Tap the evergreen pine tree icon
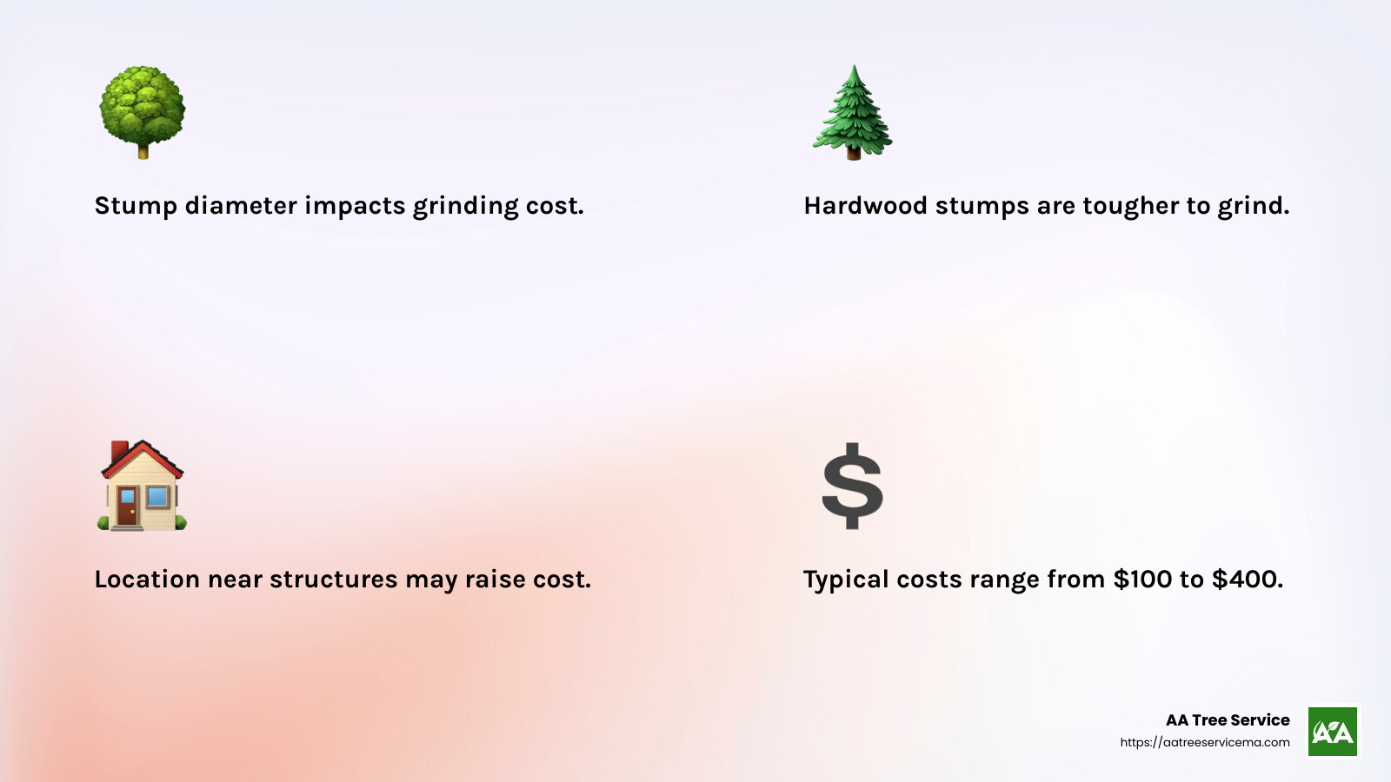point(853,113)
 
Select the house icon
point(142,486)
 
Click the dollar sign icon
point(853,487)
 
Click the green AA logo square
point(1333,732)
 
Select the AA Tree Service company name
point(1228,720)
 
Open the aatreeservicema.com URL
point(1205,743)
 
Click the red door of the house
point(129,507)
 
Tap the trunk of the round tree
point(143,151)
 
